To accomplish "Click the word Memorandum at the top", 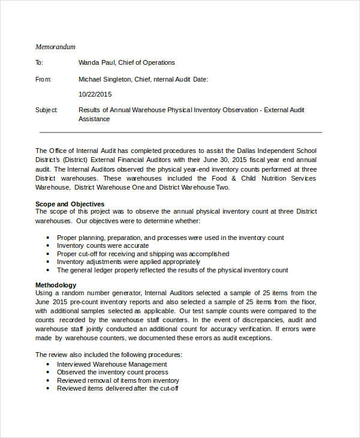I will (55, 47).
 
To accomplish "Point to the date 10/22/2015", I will (95, 94).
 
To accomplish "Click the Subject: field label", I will (46, 110).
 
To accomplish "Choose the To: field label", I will (40, 62).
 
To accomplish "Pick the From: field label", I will (43, 79).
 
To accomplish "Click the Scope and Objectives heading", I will (70, 204).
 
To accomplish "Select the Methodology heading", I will (56, 285).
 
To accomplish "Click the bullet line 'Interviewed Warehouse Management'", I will (112, 364).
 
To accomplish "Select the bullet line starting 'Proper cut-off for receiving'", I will (143, 254).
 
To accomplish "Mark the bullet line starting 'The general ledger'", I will (172, 270).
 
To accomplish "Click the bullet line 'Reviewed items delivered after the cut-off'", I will (118, 388).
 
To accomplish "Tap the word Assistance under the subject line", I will (94, 119).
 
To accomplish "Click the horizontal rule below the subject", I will (180, 132).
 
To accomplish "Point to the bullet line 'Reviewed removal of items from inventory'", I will (118, 380).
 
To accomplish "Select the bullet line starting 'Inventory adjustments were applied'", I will (128, 262).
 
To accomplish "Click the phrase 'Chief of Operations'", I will (148, 62).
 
